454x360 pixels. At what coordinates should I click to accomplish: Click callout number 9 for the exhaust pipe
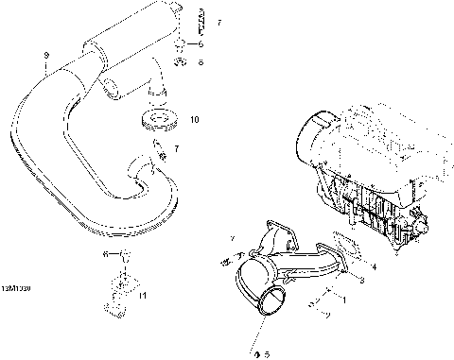tap(45, 56)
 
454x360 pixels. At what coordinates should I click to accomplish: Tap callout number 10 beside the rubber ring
tap(195, 120)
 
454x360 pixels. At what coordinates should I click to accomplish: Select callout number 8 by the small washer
tap(200, 63)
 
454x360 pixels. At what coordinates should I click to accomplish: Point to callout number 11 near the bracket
tap(144, 297)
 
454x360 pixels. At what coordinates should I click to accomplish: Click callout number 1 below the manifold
tap(344, 300)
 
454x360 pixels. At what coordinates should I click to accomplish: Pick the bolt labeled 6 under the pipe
tap(122, 256)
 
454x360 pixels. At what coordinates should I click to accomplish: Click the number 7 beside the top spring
tap(218, 21)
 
